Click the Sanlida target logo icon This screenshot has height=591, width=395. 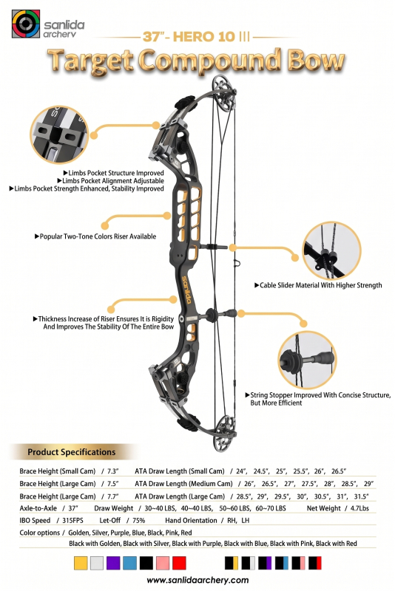pyautogui.click(x=26, y=24)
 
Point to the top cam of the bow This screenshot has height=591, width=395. pyautogui.click(x=224, y=93)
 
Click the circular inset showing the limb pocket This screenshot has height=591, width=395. pyautogui.click(x=60, y=134)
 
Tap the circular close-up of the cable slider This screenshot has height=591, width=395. pyautogui.click(x=332, y=251)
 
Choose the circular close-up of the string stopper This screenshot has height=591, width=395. pyautogui.click(x=307, y=360)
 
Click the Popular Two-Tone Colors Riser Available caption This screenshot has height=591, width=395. pyautogui.click(x=95, y=236)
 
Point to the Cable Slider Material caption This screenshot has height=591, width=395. pyautogui.click(x=318, y=285)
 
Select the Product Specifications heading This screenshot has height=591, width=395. pyautogui.click(x=71, y=452)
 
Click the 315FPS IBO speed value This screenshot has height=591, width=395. pyautogui.click(x=72, y=521)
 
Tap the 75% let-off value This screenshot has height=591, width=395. pyautogui.click(x=138, y=521)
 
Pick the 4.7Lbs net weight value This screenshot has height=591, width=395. pyautogui.click(x=359, y=508)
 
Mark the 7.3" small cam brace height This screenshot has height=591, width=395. pyautogui.click(x=112, y=471)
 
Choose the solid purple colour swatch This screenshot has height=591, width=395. pyautogui.click(x=113, y=563)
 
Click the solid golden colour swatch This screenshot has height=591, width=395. pyautogui.click(x=81, y=563)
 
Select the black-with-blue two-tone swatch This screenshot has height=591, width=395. pyautogui.click(x=281, y=563)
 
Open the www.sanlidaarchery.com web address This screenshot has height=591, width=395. pyautogui.click(x=197, y=580)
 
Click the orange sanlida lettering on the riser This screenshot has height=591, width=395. pyautogui.click(x=186, y=290)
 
